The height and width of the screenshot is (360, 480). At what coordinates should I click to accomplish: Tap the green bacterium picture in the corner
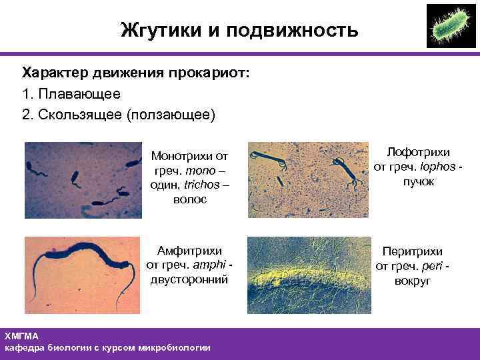click(x=451, y=25)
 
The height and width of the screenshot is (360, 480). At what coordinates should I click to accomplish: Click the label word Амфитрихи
click(x=189, y=251)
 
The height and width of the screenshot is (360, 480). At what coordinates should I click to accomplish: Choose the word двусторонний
click(x=189, y=280)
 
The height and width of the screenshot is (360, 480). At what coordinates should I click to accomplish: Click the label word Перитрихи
click(x=412, y=252)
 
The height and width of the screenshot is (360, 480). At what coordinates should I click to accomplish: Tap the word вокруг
click(x=412, y=281)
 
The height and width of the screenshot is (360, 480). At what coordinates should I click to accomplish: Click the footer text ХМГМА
click(x=21, y=336)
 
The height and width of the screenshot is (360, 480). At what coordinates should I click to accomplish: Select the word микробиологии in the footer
click(x=176, y=348)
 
